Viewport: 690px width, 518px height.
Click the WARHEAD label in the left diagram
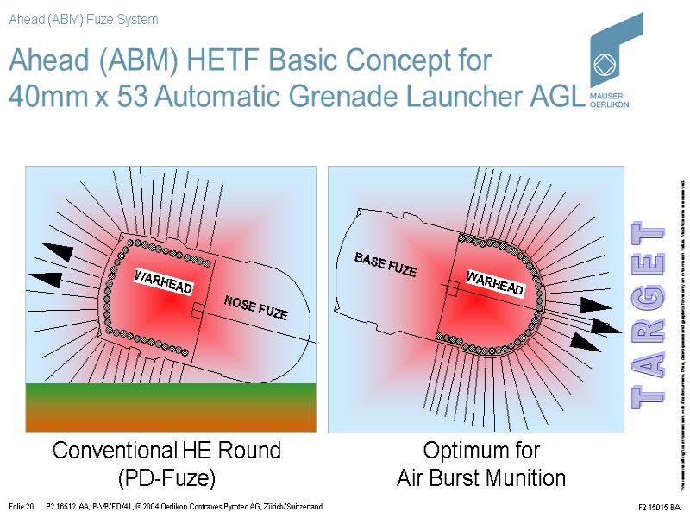163,282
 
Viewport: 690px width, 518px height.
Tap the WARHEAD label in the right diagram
495,282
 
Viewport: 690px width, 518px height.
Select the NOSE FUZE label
256,307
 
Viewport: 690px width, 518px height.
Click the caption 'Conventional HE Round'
166,451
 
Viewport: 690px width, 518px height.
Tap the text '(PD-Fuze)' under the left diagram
166,478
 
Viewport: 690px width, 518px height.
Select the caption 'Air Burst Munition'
481,478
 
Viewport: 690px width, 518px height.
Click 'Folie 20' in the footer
20,506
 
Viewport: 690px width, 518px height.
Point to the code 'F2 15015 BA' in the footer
660,507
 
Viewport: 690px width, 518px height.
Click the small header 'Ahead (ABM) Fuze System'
83,19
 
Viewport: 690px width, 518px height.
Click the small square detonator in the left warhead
198,310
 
